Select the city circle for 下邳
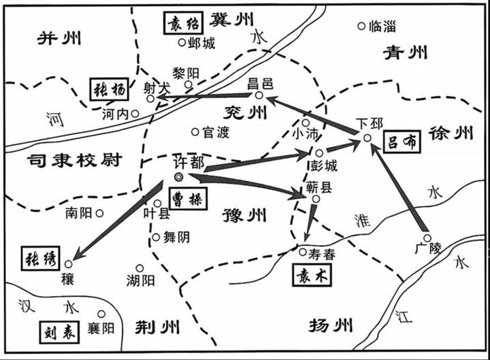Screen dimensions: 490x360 tap(366, 138)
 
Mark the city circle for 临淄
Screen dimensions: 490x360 tap(361, 27)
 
